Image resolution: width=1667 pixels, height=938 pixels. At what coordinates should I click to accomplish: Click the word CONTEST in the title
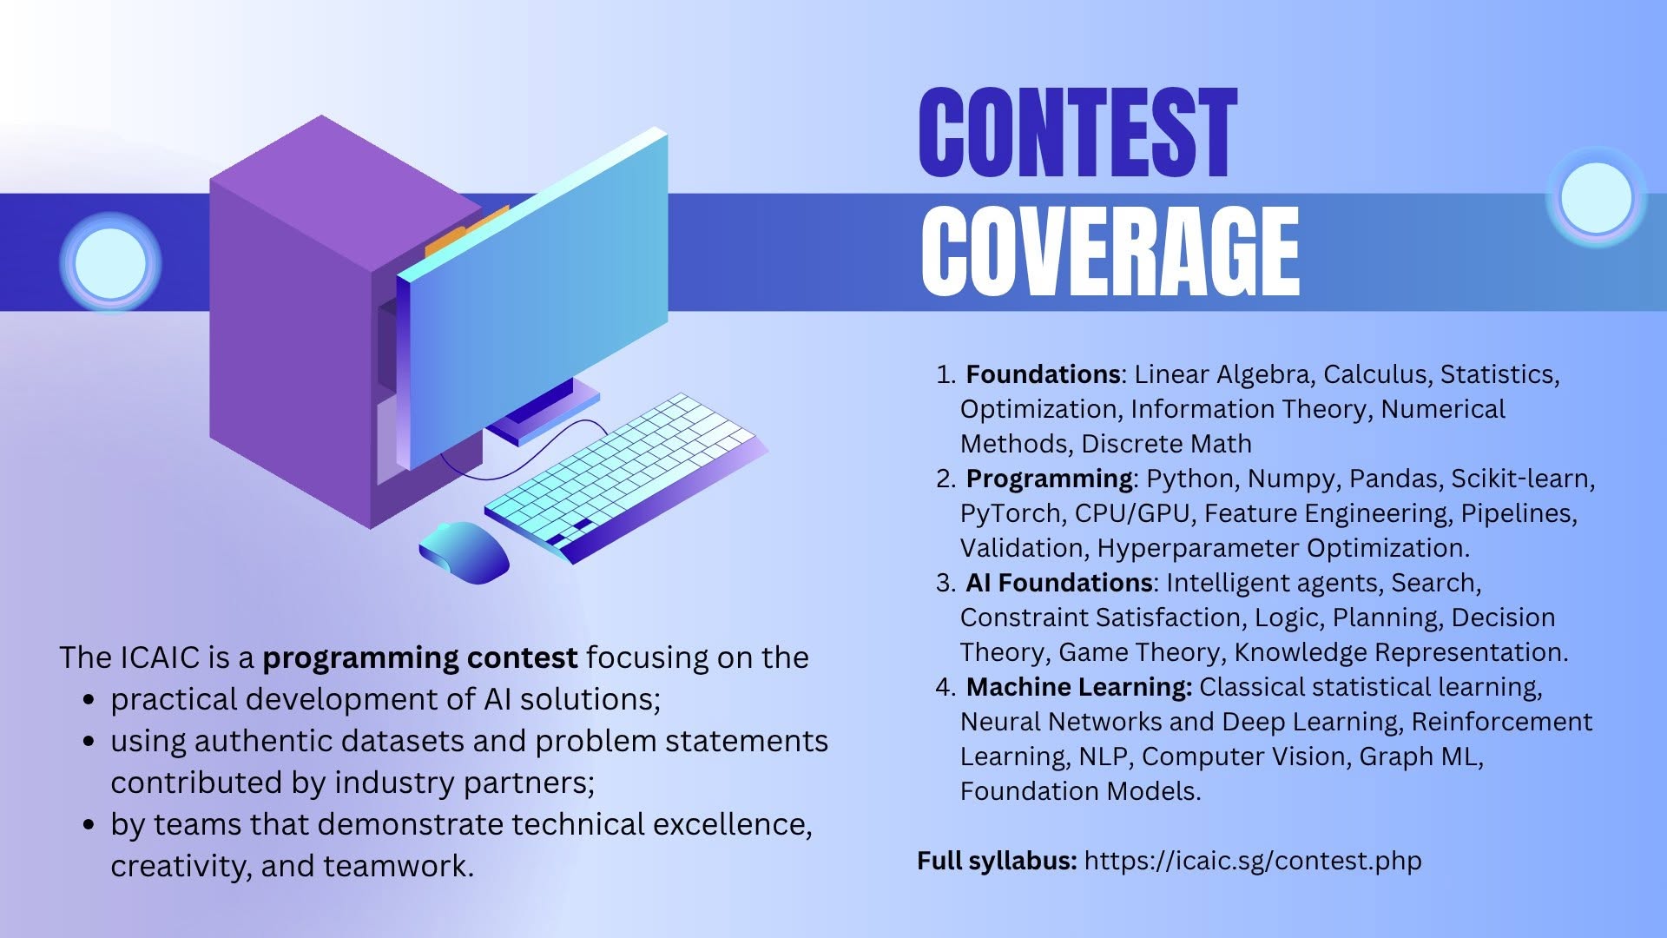click(1077, 132)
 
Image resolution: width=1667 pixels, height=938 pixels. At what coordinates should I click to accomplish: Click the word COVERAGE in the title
click(1110, 252)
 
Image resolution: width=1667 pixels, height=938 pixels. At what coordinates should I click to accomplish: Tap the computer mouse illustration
click(464, 552)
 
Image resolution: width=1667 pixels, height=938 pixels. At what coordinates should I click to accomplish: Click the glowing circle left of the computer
click(110, 263)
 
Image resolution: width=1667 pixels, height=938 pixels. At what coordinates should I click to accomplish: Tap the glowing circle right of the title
click(1596, 198)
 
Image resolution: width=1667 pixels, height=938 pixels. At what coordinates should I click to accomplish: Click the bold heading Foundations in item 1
click(1043, 374)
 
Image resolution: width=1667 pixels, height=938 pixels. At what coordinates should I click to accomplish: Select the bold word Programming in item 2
click(1049, 479)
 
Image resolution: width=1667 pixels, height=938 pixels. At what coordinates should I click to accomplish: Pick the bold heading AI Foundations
click(1059, 583)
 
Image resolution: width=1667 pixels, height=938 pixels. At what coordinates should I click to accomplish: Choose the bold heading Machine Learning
click(1079, 687)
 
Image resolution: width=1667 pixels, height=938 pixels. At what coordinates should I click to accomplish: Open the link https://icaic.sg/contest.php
click(1253, 861)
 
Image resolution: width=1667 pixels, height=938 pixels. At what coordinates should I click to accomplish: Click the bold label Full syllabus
click(997, 861)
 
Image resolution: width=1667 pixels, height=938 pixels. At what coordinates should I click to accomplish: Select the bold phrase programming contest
click(420, 658)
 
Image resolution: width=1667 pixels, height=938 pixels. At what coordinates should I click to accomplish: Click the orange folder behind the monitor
click(465, 231)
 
